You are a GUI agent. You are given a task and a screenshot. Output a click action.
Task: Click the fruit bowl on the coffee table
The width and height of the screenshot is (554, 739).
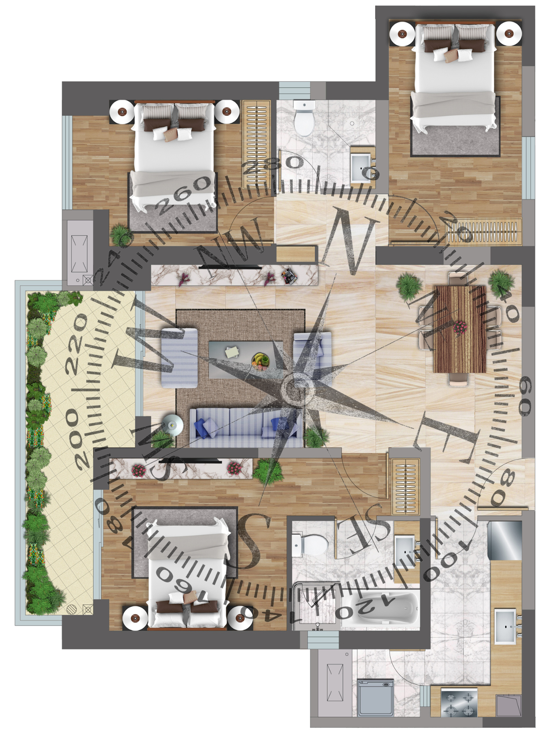(x=261, y=361)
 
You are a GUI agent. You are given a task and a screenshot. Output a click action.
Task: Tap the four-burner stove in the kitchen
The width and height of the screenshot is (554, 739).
(x=459, y=703)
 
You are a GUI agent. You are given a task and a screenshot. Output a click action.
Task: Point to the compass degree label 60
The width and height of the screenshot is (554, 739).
(x=525, y=396)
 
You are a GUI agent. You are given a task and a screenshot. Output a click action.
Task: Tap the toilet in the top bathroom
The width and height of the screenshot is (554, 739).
(x=304, y=118)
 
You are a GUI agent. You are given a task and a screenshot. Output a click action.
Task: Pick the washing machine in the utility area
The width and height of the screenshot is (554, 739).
(x=375, y=698)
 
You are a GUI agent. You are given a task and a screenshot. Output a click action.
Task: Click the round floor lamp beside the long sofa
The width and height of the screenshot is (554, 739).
(x=173, y=424)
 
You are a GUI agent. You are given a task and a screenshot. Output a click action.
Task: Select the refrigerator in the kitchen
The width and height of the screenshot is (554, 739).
(x=505, y=540)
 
